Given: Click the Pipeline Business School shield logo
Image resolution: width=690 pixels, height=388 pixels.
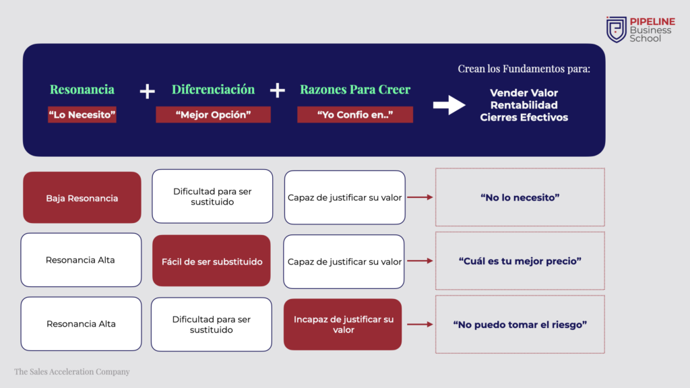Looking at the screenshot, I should pos(617,30).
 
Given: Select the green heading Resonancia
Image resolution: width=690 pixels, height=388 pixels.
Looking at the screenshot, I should pos(82,90).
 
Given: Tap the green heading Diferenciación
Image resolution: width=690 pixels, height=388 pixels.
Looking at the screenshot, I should pos(213,90).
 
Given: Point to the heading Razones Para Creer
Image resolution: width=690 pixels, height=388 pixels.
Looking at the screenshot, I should pos(355,90).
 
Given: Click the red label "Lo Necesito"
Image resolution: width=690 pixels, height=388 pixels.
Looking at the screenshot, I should pos(82,115).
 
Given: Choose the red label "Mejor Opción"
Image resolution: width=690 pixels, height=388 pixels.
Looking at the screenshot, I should pos(213,115).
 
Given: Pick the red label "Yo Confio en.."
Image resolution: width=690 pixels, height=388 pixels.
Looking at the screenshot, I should pos(355,115).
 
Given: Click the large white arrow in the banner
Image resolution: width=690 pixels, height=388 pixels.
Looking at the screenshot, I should pos(449,105).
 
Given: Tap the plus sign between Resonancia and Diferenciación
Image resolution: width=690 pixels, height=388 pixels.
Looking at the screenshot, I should pos(147,91).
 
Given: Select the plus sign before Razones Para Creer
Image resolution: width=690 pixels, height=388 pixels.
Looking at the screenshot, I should pos(278,90).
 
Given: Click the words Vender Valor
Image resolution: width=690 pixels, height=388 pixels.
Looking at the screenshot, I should pos(524,93).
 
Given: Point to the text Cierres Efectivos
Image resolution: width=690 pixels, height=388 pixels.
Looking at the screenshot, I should pos(524,117).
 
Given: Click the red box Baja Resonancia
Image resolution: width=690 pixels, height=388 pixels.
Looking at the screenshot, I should pos(82,198).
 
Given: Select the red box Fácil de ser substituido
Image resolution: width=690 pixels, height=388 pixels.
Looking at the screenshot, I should pos(212,261).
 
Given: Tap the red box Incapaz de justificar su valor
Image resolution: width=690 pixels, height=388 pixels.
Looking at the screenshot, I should pos(343,325).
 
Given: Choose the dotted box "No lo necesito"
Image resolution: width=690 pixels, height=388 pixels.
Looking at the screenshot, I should pos(520,197).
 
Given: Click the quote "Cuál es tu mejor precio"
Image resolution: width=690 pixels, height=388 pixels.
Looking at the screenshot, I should pos(520,261).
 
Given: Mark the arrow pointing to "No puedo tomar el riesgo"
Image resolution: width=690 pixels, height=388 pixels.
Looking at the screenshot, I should pos(419,325).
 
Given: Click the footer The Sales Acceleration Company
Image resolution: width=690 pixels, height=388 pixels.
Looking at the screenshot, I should pos(72,372).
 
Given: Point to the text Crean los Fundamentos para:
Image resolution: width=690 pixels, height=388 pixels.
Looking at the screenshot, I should pos(523,69).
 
